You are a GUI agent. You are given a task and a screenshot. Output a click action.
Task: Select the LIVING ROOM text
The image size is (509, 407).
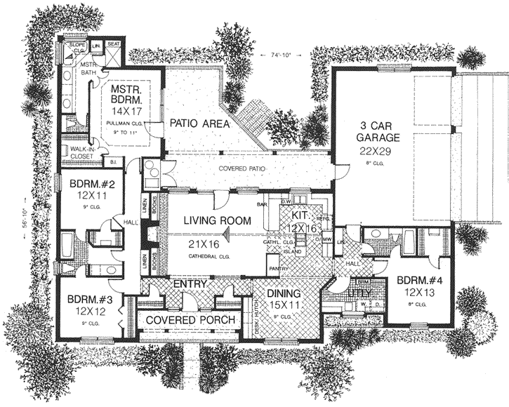pos(217,220)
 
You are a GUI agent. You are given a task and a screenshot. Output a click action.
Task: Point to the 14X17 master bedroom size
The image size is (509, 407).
pos(126,110)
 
